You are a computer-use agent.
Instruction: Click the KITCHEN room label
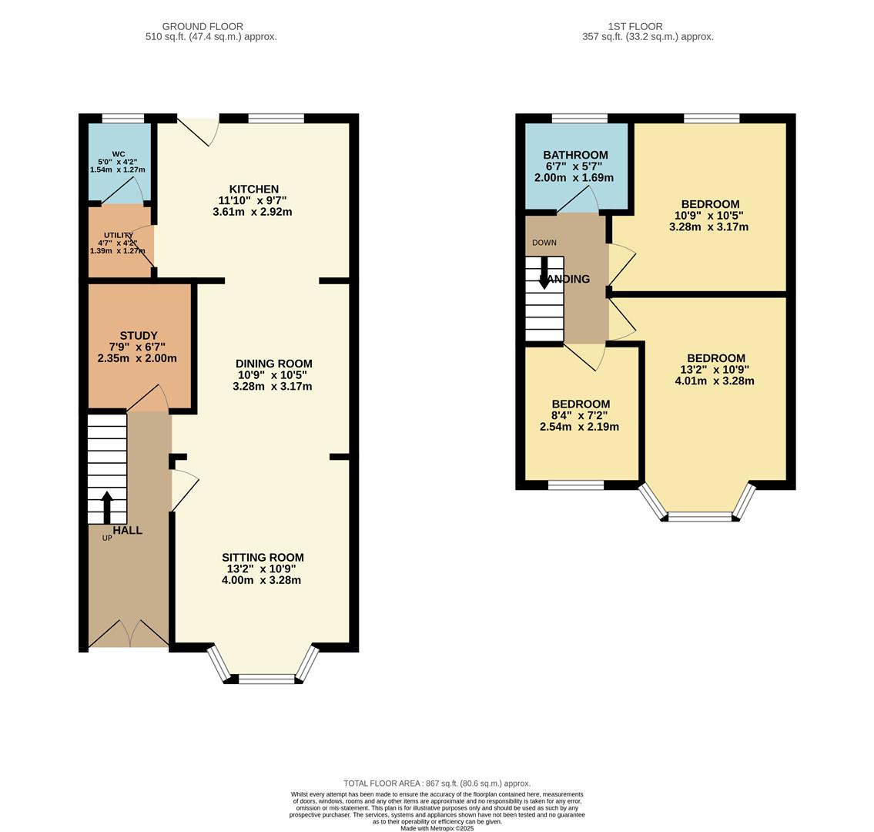point(253,189)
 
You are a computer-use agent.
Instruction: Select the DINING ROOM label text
point(273,364)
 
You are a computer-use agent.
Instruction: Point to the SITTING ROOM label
point(263,557)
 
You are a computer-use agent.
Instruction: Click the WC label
point(119,154)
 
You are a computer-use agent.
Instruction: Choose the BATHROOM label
point(575,155)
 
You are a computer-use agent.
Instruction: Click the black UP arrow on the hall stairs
point(106,507)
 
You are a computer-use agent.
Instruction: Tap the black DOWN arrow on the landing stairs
point(544,273)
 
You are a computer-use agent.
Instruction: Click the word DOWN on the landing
point(544,243)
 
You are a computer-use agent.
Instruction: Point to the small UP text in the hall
point(107,538)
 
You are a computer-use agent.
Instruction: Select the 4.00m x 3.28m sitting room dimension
point(261,580)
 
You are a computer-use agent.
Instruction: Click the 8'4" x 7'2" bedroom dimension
point(580,415)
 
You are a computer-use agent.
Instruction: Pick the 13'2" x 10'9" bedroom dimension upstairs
point(715,369)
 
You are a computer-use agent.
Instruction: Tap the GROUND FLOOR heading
point(203,26)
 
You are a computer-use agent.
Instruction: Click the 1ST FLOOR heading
point(635,26)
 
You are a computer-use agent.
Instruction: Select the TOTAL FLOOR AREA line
point(437,783)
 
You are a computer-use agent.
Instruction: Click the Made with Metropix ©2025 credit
point(437,829)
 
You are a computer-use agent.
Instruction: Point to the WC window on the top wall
point(123,118)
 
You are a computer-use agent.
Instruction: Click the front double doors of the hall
point(129,634)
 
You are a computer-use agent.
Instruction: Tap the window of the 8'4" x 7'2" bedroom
point(576,485)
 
